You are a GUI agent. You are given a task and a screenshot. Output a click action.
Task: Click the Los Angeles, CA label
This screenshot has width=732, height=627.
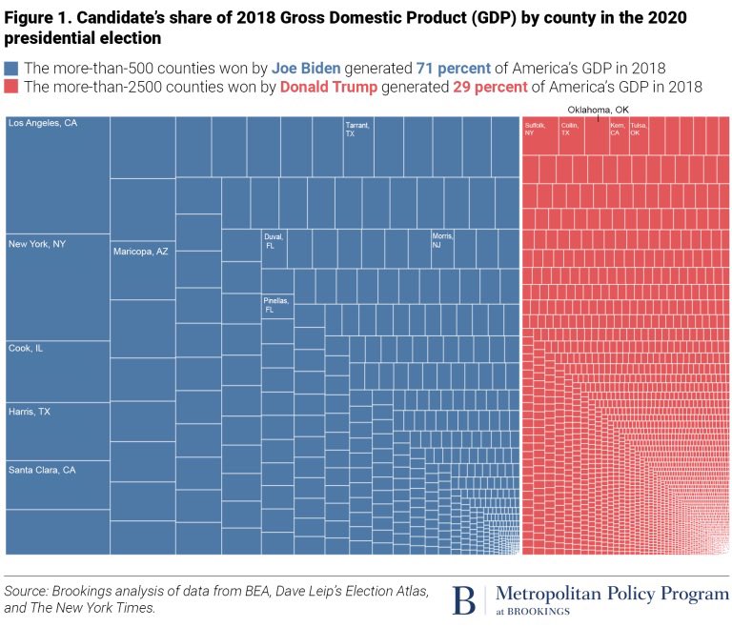tap(43, 124)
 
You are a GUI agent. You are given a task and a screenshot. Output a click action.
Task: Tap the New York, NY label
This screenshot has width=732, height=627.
tap(37, 245)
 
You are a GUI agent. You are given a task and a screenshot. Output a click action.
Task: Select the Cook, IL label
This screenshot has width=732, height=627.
tap(27, 349)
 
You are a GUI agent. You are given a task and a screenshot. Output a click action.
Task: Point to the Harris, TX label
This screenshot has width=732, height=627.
tap(30, 412)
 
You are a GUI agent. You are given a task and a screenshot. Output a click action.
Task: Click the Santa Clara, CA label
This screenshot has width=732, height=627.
tap(42, 470)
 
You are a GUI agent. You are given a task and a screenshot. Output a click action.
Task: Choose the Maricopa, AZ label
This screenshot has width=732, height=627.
tap(141, 252)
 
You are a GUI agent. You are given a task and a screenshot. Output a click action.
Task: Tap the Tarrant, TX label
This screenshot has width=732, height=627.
tap(357, 130)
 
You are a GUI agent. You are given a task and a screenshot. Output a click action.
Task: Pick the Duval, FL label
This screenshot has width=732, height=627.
tap(274, 240)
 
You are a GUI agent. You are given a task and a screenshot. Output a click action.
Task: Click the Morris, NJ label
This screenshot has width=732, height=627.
tap(442, 240)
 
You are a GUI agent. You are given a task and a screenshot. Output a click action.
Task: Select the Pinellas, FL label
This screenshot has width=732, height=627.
tap(275, 305)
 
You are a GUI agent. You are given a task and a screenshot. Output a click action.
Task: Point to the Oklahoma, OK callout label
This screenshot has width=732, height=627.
tap(599, 109)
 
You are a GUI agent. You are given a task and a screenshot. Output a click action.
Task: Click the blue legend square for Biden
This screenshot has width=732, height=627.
tap(12, 69)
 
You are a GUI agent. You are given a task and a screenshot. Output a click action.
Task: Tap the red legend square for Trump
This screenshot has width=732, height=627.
tap(12, 87)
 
